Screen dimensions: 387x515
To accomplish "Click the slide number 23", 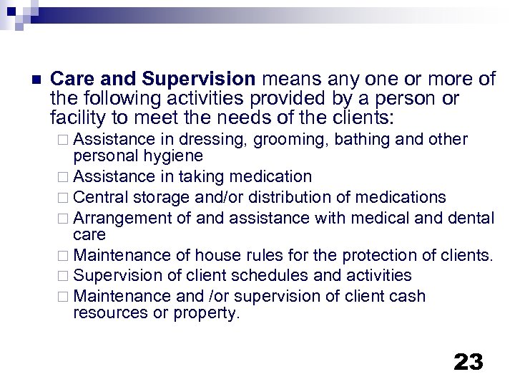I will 469,362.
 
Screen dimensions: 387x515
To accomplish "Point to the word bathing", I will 353,139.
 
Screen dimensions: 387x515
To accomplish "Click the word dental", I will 471,218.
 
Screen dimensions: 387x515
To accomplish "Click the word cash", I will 408,296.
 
